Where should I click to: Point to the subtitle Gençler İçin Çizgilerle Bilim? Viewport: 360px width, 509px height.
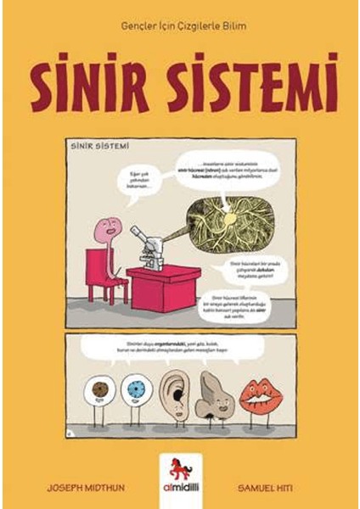(179, 26)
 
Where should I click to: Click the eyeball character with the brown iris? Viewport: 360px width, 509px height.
(99, 391)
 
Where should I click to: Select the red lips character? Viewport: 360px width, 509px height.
(256, 393)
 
